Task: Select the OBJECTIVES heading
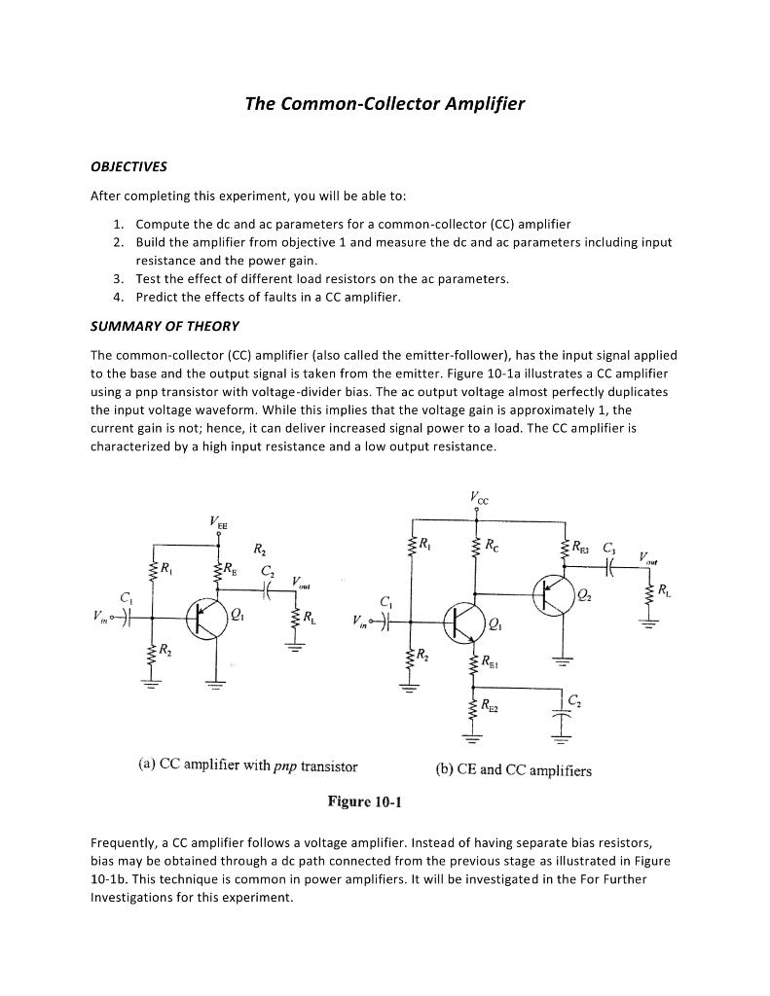point(128,167)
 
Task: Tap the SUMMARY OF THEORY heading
point(165,326)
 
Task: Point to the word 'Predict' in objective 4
point(156,298)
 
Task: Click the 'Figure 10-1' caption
point(364,802)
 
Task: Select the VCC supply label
point(477,498)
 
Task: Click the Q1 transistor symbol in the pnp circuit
point(209,619)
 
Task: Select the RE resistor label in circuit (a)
point(230,567)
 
